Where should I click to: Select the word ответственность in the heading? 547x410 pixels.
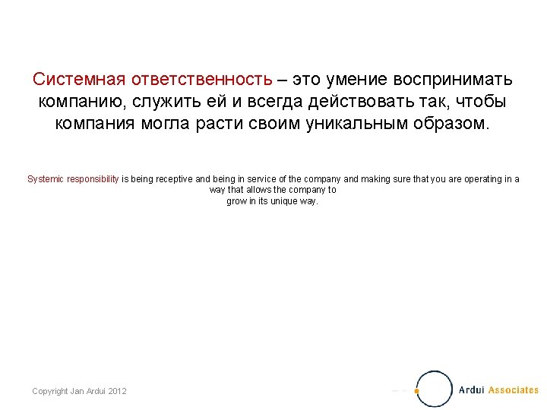[201, 80]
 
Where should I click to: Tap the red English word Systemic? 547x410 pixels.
[46, 179]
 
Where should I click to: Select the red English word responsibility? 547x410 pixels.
[93, 179]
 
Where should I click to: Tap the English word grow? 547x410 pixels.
[236, 201]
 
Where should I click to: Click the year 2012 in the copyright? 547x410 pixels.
[117, 391]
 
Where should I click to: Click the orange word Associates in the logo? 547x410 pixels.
[513, 390]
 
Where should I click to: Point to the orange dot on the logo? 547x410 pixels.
[416, 391]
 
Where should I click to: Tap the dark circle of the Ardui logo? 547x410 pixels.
[435, 389]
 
